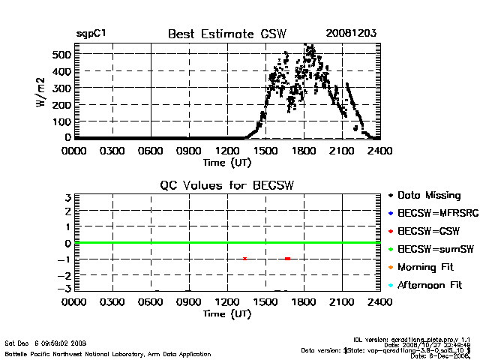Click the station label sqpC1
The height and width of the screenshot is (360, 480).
tap(91, 34)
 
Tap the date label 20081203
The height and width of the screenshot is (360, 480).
tap(351, 34)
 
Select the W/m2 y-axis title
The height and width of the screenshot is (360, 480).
tap(43, 92)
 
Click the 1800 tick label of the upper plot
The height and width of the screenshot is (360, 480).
tap(304, 151)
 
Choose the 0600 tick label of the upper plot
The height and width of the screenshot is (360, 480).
tap(151, 151)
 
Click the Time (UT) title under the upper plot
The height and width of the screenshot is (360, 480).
tap(227, 162)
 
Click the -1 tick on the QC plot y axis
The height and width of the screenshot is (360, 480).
tap(65, 259)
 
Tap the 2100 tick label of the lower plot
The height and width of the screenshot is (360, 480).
tap(343, 303)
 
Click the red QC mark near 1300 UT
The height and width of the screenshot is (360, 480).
tap(244, 259)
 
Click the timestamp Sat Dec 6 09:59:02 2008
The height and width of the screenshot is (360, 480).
tap(46, 343)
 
